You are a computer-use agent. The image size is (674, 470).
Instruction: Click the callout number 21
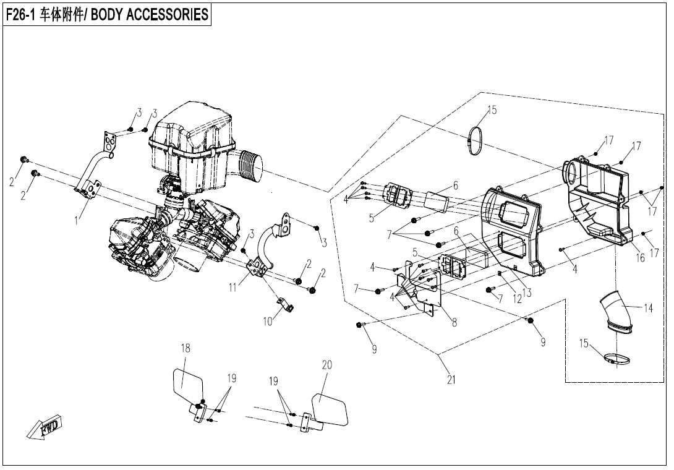point(451,380)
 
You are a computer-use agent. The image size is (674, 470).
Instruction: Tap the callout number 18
point(186,348)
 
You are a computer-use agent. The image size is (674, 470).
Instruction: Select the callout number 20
point(326,365)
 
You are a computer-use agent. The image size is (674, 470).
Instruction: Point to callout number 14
point(648,309)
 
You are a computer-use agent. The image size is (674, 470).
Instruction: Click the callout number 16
point(641,258)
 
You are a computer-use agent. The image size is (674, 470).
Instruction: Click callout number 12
point(517,299)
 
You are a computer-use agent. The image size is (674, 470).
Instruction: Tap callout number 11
point(232,288)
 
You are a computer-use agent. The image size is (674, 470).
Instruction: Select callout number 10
point(267,321)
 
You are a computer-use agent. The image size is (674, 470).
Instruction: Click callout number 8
point(454,322)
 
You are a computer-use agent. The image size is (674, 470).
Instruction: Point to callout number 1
point(77,220)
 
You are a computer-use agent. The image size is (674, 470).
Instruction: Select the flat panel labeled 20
point(331,408)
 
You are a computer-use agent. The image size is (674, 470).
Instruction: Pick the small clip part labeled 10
point(284,305)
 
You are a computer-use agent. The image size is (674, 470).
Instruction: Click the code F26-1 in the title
point(22,15)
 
